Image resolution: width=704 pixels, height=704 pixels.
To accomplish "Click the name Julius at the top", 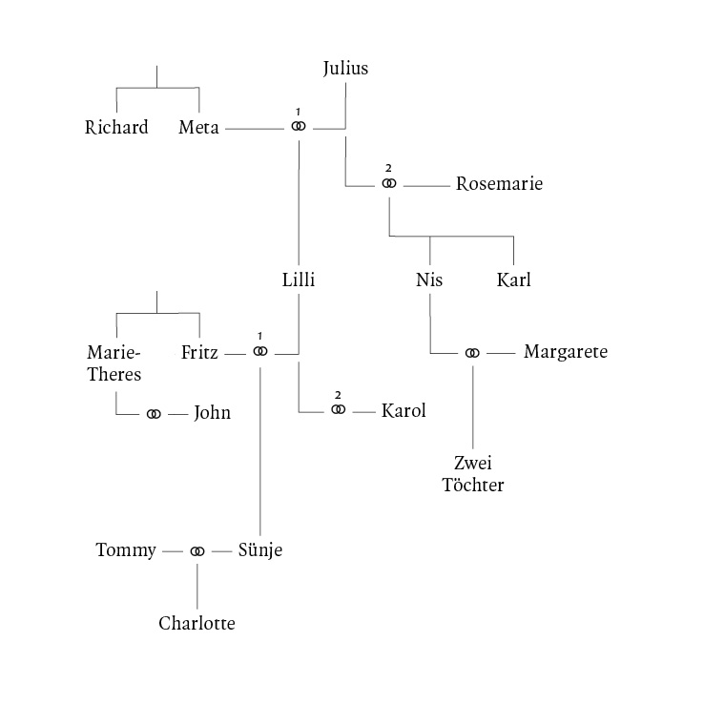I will click(345, 69).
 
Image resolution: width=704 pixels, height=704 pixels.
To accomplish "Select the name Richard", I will click(116, 128).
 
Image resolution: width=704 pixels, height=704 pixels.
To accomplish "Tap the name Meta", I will click(199, 128).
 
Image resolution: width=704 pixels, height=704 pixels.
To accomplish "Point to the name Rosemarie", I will click(499, 184).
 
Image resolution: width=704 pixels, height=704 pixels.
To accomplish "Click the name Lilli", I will click(299, 280).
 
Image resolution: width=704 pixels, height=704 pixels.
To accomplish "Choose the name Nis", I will click(430, 280).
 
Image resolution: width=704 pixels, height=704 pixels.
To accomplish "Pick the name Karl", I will click(513, 280).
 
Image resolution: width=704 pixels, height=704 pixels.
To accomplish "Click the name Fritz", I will click(199, 353).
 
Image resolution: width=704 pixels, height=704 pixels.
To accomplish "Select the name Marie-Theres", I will click(114, 363).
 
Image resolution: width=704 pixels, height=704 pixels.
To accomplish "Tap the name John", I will click(212, 414).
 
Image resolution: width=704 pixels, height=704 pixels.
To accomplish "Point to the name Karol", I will click(403, 411).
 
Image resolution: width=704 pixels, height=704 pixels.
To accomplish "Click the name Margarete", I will click(566, 353).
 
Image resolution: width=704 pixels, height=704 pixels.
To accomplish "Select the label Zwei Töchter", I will click(472, 475).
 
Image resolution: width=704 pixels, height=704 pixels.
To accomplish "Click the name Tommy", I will click(126, 551).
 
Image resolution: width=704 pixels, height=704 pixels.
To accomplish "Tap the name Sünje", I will click(260, 551).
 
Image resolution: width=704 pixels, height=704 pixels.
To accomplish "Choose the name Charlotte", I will click(197, 625).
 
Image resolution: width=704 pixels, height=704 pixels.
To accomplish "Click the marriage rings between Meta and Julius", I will click(299, 127).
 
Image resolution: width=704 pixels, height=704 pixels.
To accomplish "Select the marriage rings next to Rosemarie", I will click(388, 183).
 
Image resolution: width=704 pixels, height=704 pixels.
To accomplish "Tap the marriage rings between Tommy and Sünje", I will click(197, 551).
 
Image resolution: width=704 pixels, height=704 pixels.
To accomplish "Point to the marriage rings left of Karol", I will click(338, 410).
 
